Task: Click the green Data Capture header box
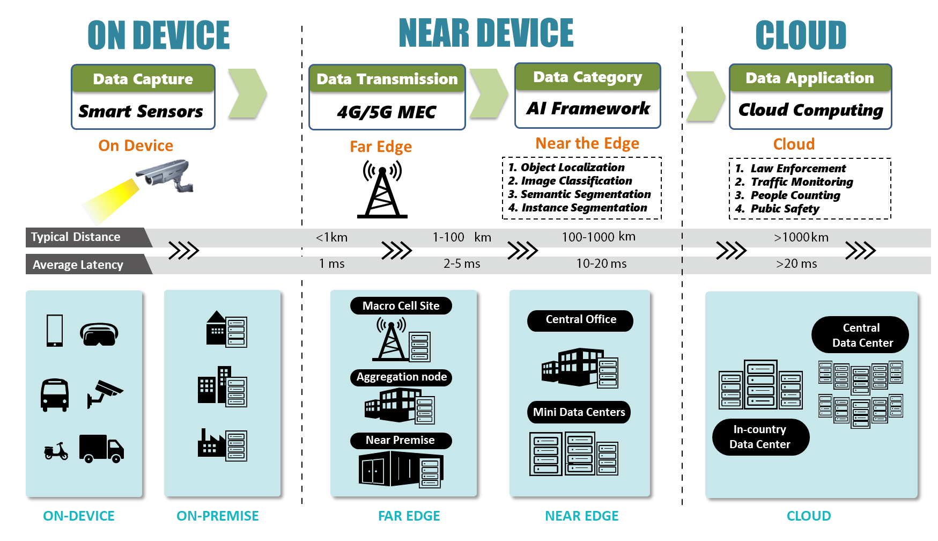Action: pyautogui.click(x=143, y=79)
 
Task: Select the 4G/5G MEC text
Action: pyautogui.click(x=387, y=112)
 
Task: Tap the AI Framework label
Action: pyautogui.click(x=588, y=108)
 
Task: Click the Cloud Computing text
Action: pyautogui.click(x=810, y=110)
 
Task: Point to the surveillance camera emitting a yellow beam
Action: pyautogui.click(x=167, y=176)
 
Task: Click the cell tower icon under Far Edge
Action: pyautogui.click(x=382, y=192)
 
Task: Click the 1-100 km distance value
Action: pyautogui.click(x=461, y=237)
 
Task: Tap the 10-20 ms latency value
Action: pyautogui.click(x=601, y=264)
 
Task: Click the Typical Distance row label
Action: pyautogui.click(x=76, y=237)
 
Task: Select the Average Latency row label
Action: pyautogui.click(x=78, y=265)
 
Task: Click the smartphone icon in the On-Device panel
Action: pyautogui.click(x=55, y=330)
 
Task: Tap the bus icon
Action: pyautogui.click(x=55, y=395)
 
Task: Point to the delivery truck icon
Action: pyautogui.click(x=101, y=448)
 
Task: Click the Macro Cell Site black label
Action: pyautogui.click(x=401, y=306)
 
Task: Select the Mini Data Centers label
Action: pyautogui.click(x=579, y=412)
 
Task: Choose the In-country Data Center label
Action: pyautogui.click(x=760, y=437)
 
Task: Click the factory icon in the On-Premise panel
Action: pyautogui.click(x=210, y=444)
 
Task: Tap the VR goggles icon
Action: pyautogui.click(x=99, y=334)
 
